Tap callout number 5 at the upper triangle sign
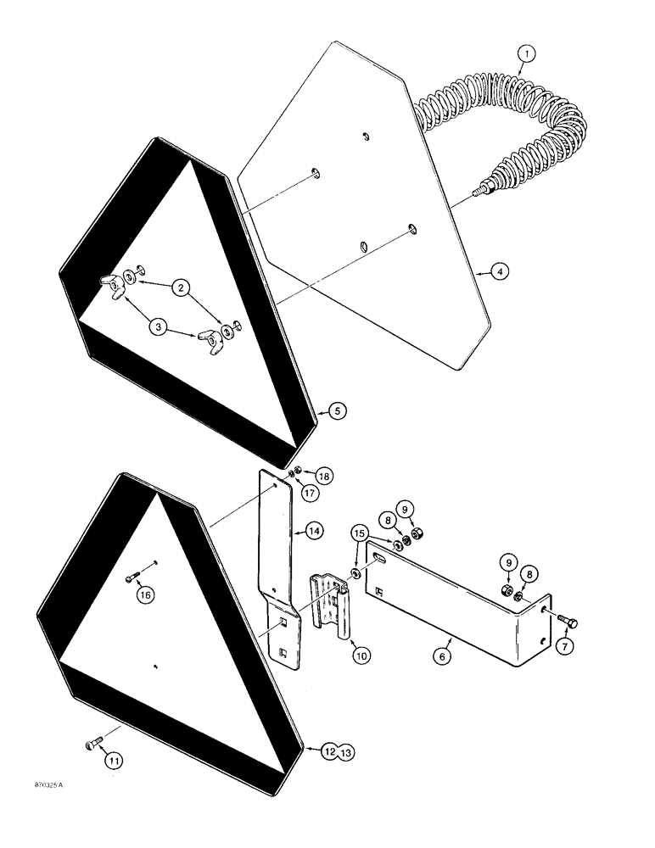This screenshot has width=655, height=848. coord(337,412)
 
